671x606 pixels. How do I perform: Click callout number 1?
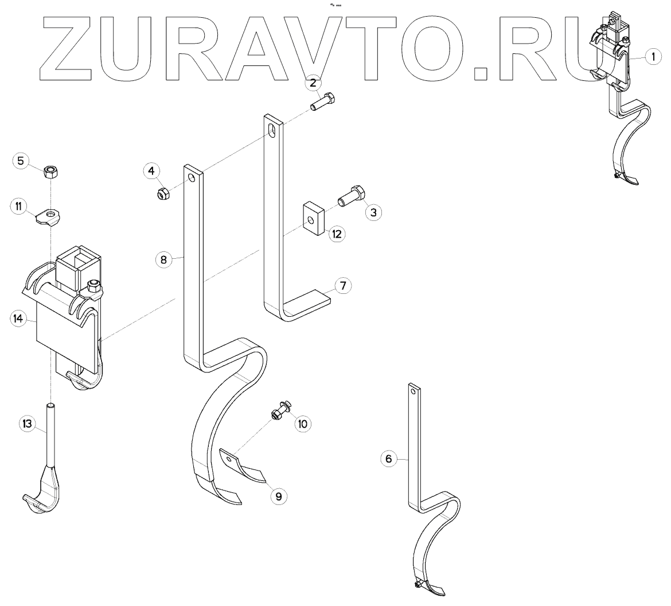653,57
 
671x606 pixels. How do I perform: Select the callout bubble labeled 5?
21,160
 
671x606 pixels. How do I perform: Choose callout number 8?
163,259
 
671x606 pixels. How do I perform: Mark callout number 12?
336,234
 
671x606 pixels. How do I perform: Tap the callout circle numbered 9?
279,495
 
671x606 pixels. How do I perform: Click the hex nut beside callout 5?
52,171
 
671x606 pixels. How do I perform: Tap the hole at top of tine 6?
412,390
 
